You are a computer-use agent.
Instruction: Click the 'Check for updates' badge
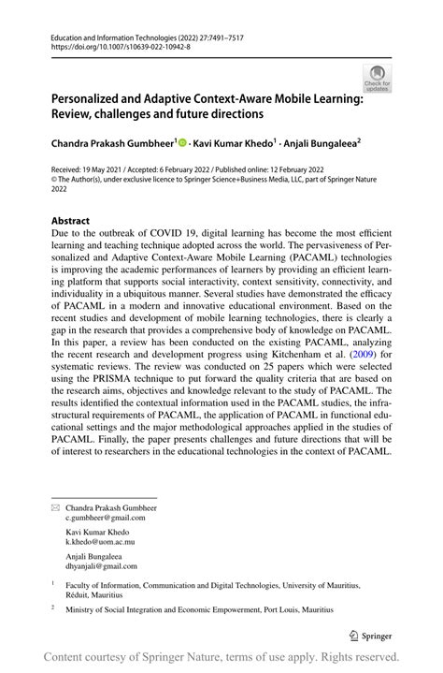point(377,78)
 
